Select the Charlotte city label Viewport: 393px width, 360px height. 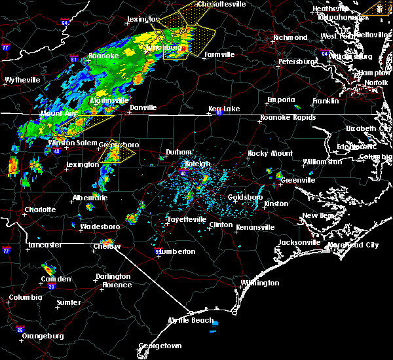click(x=39, y=210)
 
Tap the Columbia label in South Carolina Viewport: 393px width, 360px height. click(x=25, y=298)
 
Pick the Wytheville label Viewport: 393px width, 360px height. click(x=22, y=80)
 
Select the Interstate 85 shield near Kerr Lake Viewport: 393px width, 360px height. click(x=219, y=113)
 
